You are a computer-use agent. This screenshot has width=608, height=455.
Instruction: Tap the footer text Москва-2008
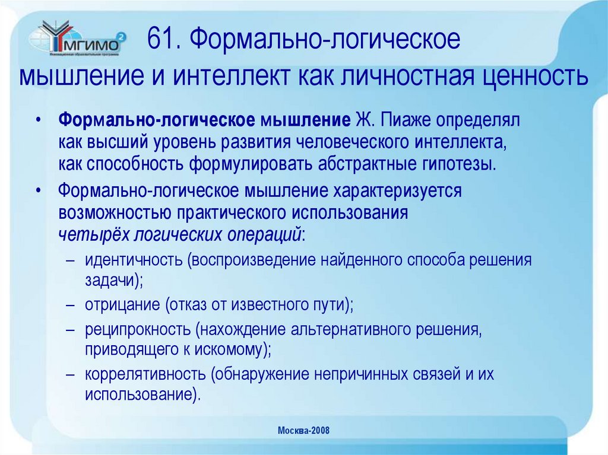(x=303, y=430)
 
